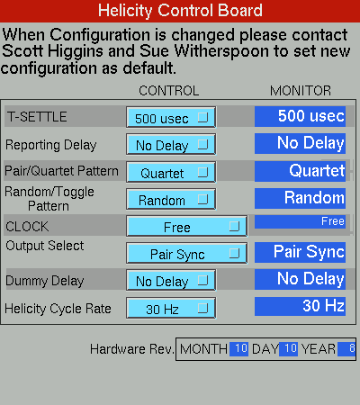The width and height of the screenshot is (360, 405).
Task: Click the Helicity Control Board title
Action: click(x=180, y=11)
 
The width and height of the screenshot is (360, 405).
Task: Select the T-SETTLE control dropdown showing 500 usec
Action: click(x=171, y=117)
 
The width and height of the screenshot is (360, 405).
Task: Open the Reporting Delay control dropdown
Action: click(x=171, y=144)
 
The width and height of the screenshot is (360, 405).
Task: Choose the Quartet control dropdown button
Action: click(x=171, y=172)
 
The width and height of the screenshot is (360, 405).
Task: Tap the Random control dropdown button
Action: click(x=171, y=199)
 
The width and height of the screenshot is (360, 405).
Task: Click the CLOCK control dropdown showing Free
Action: click(x=187, y=226)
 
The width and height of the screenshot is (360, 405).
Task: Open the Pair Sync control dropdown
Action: click(x=187, y=253)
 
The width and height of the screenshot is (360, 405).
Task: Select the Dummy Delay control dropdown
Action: click(x=171, y=280)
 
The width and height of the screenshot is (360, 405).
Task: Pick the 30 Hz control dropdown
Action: click(x=171, y=308)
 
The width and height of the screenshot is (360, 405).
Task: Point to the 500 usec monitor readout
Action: click(x=300, y=116)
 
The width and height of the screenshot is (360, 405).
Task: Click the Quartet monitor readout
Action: click(x=300, y=171)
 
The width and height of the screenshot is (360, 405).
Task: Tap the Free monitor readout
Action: click(x=300, y=221)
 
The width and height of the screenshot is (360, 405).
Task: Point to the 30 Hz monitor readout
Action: click(x=300, y=306)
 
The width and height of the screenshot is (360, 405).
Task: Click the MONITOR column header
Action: click(x=301, y=91)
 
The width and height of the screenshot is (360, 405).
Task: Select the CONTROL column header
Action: click(x=169, y=91)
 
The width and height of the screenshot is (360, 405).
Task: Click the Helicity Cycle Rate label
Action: click(x=58, y=309)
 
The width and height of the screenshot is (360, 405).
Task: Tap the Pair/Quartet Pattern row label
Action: click(x=61, y=171)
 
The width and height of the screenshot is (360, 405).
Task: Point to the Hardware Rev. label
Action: click(x=132, y=349)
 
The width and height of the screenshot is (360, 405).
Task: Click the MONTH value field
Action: click(x=238, y=349)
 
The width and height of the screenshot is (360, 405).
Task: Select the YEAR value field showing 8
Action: click(x=346, y=349)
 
